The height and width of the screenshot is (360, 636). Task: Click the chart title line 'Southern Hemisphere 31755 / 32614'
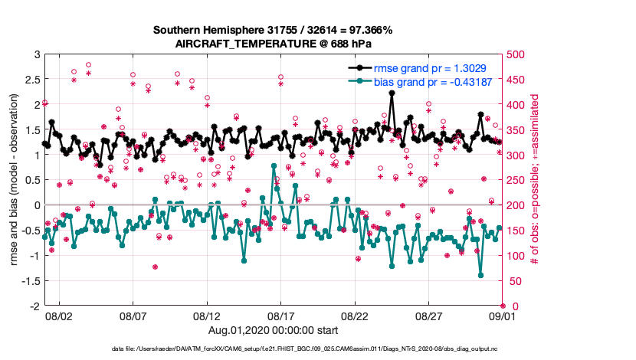272,31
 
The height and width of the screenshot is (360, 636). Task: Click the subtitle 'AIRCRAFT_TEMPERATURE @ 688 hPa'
272,44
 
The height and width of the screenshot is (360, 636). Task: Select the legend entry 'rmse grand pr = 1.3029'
433,68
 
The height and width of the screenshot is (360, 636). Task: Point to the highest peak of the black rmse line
392,93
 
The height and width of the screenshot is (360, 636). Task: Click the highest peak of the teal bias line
274,165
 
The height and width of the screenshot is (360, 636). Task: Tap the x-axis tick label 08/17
280,316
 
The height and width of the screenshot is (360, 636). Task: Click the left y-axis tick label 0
37,205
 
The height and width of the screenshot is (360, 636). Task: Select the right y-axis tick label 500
515,54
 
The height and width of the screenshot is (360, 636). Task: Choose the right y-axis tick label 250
515,180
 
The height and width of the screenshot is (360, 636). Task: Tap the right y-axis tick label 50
513,281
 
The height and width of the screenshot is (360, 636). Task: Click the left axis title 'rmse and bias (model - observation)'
14,180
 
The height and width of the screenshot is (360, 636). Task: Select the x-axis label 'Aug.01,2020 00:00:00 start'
272,330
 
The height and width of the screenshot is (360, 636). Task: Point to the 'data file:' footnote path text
305,349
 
